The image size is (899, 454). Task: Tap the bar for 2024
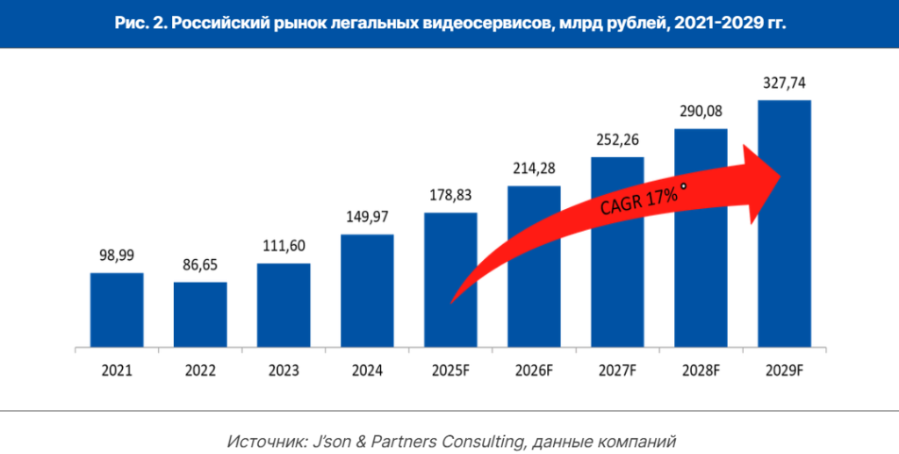(367, 291)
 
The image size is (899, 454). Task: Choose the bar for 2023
(284, 306)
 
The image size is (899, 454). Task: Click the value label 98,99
(117, 256)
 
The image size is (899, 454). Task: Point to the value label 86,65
(200, 264)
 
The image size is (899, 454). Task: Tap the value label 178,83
(450, 195)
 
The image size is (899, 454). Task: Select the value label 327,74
(784, 83)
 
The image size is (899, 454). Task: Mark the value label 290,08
(701, 112)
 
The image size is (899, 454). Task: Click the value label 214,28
(534, 168)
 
